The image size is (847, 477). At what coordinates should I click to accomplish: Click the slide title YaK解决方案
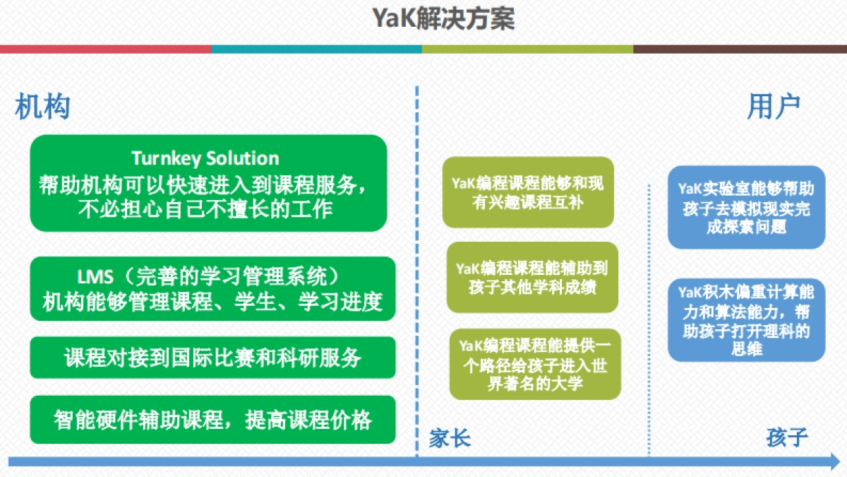point(444,19)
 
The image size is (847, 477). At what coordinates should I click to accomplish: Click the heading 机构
point(42,107)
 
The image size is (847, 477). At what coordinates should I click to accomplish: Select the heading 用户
point(774,107)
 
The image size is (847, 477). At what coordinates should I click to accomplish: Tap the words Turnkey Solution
point(205,158)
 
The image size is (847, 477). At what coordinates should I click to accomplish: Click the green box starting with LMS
point(212,288)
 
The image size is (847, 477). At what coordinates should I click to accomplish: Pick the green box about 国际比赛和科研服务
point(212,358)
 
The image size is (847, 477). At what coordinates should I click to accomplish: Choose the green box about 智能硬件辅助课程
point(212,420)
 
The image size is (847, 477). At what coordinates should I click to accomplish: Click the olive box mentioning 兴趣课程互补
point(528,192)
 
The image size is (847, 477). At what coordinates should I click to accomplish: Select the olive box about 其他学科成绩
point(532,277)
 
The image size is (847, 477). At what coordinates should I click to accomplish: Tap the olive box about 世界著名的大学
point(535,364)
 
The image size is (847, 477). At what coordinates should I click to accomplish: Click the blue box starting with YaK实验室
point(746,208)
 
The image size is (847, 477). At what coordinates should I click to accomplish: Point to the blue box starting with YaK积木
point(746,320)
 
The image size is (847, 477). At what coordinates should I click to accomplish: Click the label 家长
point(450,439)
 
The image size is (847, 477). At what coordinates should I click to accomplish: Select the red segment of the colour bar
point(106,49)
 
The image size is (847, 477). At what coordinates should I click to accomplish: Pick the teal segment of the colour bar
point(316,49)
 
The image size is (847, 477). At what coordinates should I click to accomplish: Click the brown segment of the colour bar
point(740,49)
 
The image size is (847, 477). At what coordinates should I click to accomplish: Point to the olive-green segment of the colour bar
point(527,49)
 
